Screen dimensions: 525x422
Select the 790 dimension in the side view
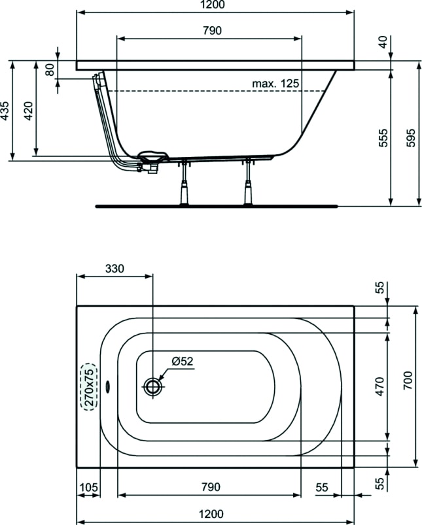[209, 31]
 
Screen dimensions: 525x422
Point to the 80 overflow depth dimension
[50, 69]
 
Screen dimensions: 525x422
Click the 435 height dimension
[5, 112]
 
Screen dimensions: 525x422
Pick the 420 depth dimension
[28, 112]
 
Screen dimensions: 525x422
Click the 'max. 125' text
[275, 83]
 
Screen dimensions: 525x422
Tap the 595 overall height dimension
[410, 136]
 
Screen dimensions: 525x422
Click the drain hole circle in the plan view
[153, 386]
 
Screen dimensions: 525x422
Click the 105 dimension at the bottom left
[88, 487]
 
